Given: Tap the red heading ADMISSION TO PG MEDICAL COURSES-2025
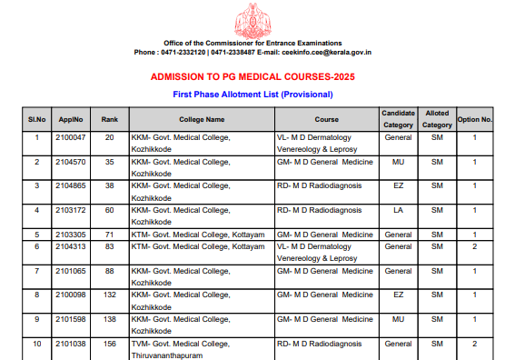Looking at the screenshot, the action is [x=252, y=77].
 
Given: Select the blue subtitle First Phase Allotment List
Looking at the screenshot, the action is [x=252, y=95].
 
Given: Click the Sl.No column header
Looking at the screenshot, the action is [x=37, y=119].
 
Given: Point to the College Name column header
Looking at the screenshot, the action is [x=202, y=119].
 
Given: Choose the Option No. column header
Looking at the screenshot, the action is [x=474, y=119].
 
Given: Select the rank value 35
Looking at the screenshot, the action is [x=109, y=162].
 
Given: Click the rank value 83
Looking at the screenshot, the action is [x=109, y=246].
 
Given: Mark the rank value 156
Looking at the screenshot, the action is [x=109, y=345].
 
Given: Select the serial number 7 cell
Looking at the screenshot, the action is [x=37, y=271].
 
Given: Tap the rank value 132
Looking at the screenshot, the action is [x=109, y=295].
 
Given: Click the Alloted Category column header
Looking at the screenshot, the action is [x=437, y=119].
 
